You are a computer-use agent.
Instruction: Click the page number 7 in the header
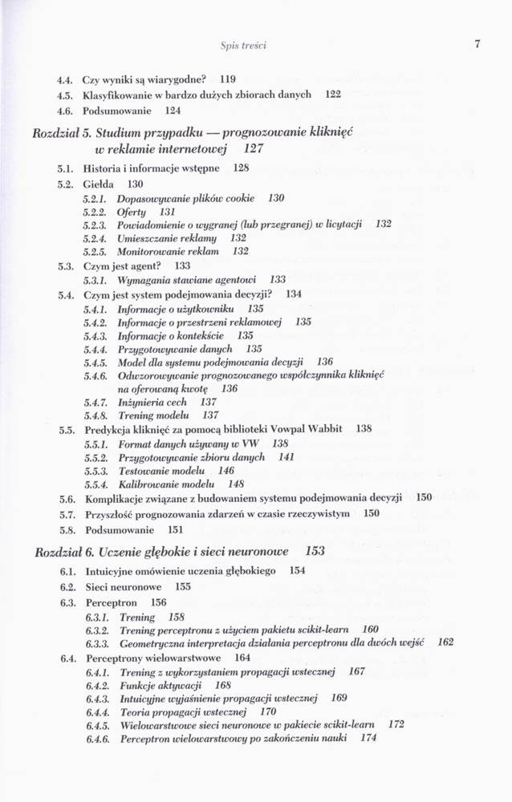[x=476, y=45]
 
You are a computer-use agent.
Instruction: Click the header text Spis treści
[x=243, y=46]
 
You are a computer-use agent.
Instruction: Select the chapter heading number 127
[x=254, y=148]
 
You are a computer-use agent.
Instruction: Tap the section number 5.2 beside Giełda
[x=66, y=184]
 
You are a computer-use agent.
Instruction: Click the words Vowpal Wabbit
[x=311, y=429]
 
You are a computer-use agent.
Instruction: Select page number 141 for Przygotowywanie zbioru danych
[x=286, y=456]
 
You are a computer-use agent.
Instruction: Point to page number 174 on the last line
[x=368, y=738]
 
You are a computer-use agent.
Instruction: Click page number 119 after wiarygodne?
[x=227, y=79]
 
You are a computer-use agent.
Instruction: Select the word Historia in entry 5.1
[x=104, y=168]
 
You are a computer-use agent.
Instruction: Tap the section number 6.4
[x=67, y=658]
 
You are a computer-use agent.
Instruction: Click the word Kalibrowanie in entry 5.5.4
[x=150, y=484]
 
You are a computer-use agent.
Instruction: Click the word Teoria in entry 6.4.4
[x=136, y=711]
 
